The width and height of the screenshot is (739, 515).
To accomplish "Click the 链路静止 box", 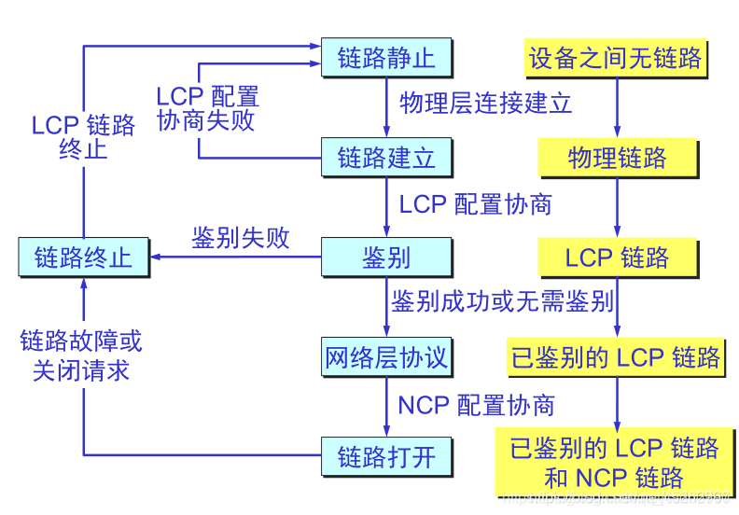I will tap(386, 58).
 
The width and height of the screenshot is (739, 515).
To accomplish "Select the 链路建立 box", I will tap(386, 157).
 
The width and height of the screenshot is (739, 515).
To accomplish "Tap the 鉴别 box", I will tap(386, 257).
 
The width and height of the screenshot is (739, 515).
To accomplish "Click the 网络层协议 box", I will tap(386, 356).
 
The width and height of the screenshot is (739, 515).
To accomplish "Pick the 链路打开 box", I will tap(386, 457).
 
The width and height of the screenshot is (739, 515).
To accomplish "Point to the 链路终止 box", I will tap(83, 257).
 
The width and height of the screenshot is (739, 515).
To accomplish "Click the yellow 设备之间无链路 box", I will tap(616, 58).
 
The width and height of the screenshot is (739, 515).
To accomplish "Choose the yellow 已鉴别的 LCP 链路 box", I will tap(616, 356).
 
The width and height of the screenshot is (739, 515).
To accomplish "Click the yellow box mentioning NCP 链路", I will tap(616, 463).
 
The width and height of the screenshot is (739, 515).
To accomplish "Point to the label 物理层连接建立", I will tap(485, 103).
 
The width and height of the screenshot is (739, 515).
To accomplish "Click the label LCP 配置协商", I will tap(476, 203).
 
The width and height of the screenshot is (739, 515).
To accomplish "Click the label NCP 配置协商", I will tap(477, 405).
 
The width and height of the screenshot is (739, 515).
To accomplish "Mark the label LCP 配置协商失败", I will tap(206, 107).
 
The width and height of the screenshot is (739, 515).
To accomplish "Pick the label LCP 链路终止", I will tap(83, 137).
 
